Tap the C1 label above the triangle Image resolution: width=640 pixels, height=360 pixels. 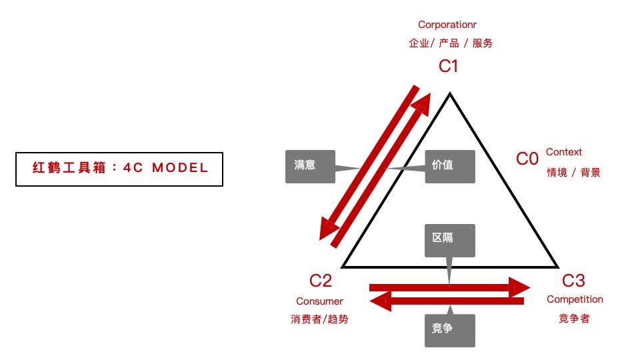(449, 66)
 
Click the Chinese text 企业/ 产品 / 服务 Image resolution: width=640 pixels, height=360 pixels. (451, 43)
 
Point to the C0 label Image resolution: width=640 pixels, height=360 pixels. (527, 159)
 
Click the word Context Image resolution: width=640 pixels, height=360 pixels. (564, 152)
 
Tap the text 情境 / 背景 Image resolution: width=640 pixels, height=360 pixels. (573, 173)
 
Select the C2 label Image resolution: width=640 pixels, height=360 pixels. (321, 281)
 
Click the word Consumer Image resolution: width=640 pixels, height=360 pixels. (320, 301)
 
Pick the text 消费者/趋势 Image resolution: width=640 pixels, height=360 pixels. (320, 319)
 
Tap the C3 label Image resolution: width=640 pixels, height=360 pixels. (574, 281)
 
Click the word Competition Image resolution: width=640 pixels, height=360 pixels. (575, 300)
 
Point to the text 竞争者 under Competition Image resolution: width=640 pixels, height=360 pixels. (574, 319)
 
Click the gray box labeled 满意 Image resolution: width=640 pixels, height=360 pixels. (310, 165)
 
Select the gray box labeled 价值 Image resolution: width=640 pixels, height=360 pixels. (450, 165)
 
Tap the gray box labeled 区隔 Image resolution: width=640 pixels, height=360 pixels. (450, 240)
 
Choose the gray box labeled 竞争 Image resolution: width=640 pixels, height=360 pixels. (450, 329)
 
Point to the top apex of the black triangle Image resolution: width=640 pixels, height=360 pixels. (451, 94)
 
